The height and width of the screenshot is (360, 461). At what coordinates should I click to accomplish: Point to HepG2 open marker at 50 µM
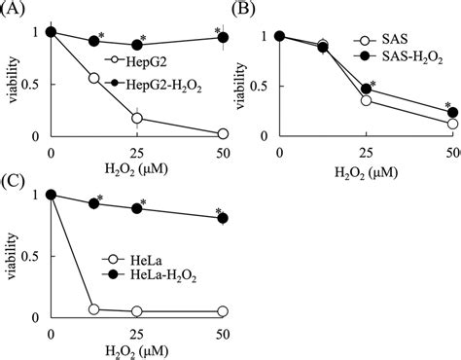click(x=223, y=132)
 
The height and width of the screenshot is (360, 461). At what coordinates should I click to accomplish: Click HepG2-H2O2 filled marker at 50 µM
click(x=223, y=38)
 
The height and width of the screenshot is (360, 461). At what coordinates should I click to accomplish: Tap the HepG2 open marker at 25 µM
click(x=137, y=118)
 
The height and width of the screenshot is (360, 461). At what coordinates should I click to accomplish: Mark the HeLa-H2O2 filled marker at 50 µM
click(x=223, y=218)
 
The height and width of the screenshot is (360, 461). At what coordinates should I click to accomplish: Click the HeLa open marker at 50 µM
click(x=223, y=311)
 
